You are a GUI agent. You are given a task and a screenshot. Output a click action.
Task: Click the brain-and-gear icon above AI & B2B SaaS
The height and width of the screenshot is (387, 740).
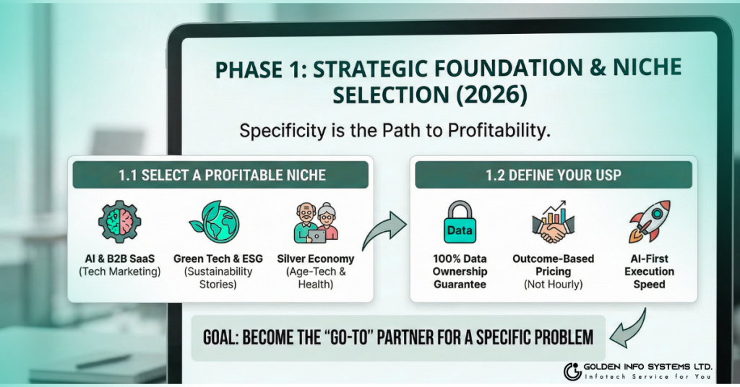click(120, 222)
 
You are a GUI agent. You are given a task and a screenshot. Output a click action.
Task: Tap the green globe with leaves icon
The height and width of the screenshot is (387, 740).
click(215, 222)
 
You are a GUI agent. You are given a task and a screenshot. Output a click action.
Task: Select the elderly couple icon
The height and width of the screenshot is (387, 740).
click(317, 222)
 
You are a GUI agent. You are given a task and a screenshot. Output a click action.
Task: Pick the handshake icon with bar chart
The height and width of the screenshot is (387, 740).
click(553, 222)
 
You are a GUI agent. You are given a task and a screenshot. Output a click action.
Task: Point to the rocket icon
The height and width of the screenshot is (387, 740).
click(650, 222)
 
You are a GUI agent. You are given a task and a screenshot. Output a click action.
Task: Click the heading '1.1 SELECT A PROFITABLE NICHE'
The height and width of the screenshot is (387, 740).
click(222, 175)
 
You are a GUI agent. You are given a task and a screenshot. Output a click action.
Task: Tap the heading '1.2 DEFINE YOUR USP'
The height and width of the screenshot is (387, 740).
click(553, 175)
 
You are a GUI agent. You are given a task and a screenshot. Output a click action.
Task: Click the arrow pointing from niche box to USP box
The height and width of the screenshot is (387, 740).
click(383, 230)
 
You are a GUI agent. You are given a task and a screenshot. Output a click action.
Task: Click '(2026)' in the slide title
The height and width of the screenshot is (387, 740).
click(491, 95)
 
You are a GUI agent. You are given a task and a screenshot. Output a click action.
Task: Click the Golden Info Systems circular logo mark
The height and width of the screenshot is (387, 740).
click(572, 371)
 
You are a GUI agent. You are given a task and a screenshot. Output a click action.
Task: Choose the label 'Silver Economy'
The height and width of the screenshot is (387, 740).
click(315, 258)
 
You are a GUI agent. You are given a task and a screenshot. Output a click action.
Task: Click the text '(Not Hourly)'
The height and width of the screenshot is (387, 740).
click(553, 284)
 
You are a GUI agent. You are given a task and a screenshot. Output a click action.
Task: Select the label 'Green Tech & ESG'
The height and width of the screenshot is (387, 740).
click(218, 258)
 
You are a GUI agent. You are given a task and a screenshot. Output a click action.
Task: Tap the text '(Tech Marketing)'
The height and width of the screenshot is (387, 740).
click(120, 271)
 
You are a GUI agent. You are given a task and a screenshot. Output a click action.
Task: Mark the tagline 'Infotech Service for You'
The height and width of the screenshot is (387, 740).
click(648, 377)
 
